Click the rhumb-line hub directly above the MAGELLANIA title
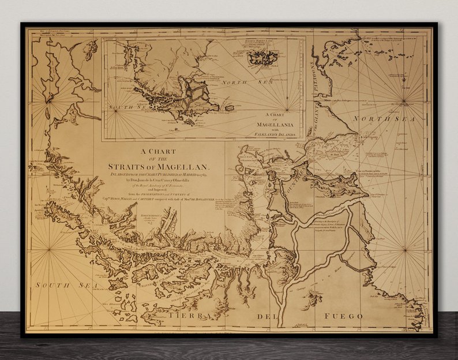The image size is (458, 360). pos(271,95)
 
